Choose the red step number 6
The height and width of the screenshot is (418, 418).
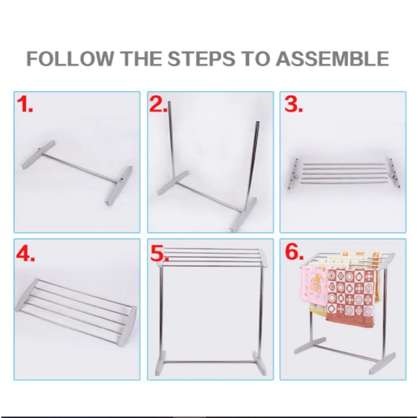point(294,252)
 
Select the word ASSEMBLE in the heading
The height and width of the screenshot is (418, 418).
point(332,59)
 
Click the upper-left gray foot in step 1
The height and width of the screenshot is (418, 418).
point(39,155)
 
